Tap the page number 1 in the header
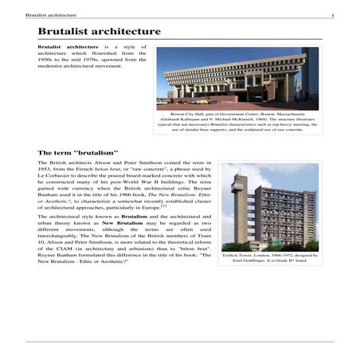click(x=332, y=15)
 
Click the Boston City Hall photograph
click(x=237, y=78)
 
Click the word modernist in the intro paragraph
click(x=55, y=67)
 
